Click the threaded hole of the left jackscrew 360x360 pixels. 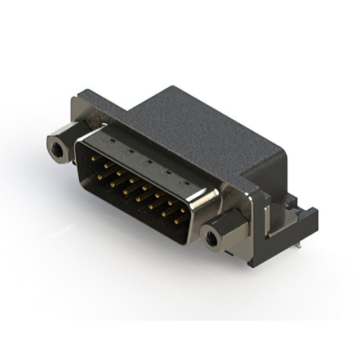pyautogui.click(x=56, y=150)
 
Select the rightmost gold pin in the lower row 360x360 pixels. pyautogui.click(x=176, y=222)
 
